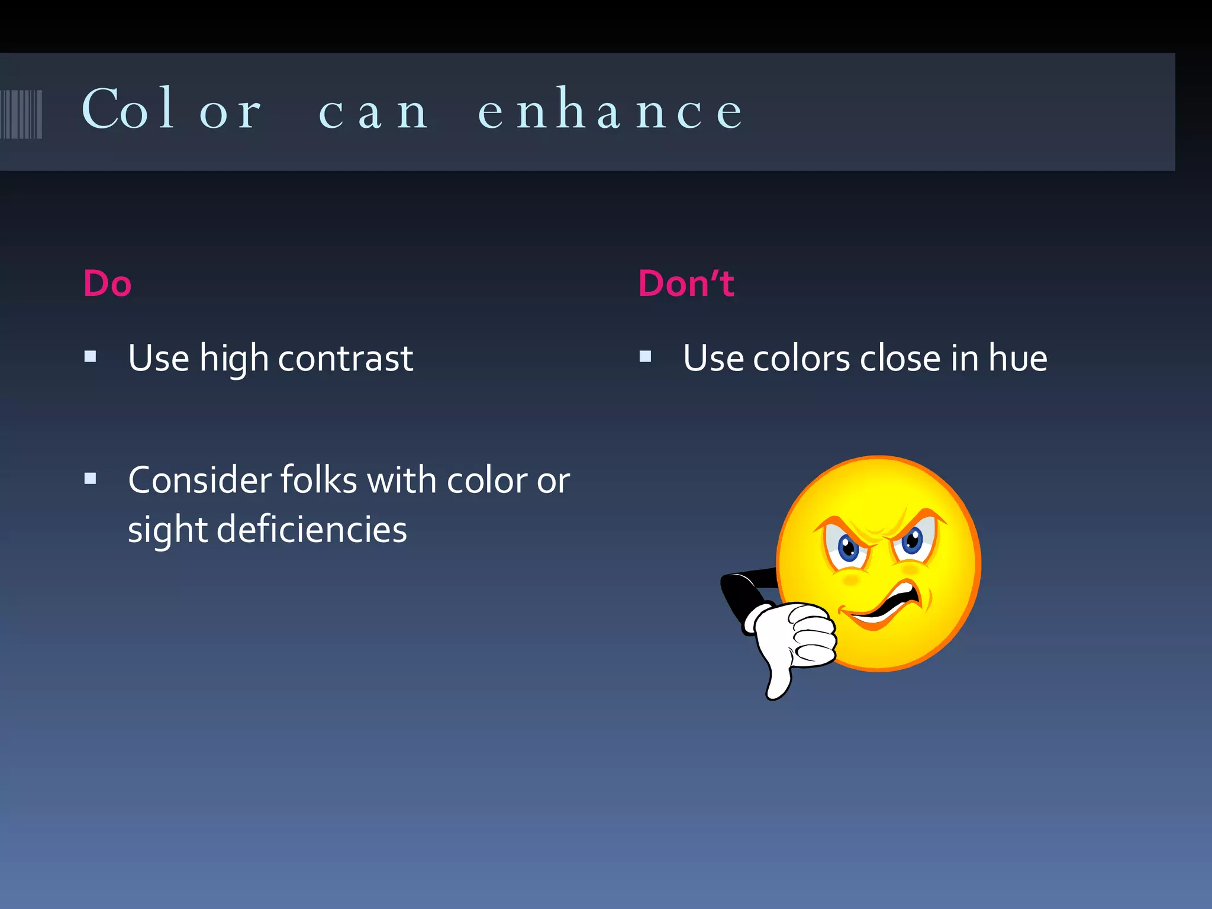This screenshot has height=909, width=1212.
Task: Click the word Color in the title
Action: (x=172, y=109)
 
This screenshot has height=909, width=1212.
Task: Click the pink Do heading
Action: (x=107, y=283)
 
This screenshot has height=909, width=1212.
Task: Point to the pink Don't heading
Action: (x=686, y=283)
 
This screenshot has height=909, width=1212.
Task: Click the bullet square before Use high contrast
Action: (x=90, y=356)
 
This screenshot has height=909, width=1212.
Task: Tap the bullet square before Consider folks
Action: (x=90, y=479)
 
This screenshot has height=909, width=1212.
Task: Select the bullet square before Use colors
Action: (x=645, y=356)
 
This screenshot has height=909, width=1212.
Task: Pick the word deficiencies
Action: (x=312, y=529)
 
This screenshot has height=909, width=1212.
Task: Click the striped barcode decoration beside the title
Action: (x=21, y=114)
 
